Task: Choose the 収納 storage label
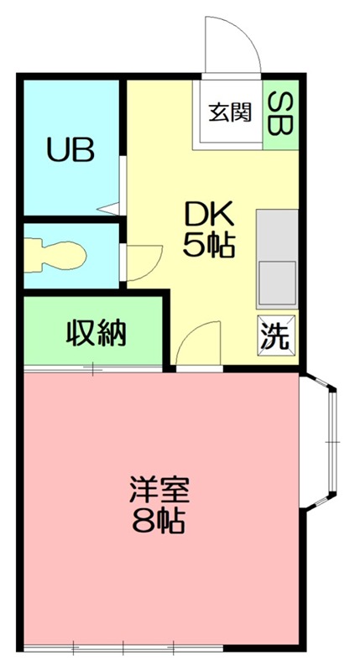pyautogui.click(x=96, y=333)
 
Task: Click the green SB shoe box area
pyautogui.click(x=280, y=116)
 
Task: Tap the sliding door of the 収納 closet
pyautogui.click(x=92, y=368)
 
